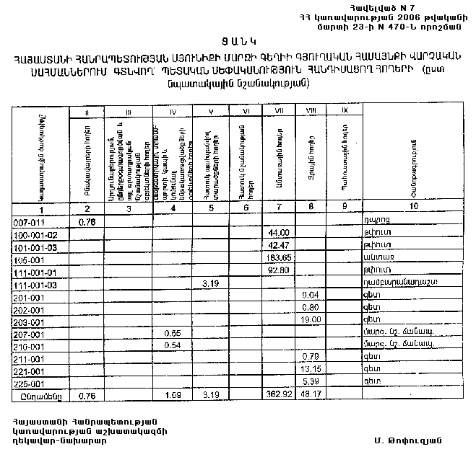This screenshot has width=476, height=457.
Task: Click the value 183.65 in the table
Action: pyautogui.click(x=277, y=259)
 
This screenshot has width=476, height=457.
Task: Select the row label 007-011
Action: pyautogui.click(x=29, y=221)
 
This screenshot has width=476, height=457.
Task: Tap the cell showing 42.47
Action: pyautogui.click(x=278, y=247)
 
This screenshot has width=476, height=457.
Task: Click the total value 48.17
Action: pyautogui.click(x=309, y=396)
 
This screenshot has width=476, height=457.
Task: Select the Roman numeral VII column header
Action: pyautogui.click(x=278, y=111)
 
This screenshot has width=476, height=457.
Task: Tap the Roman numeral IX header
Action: pyautogui.click(x=344, y=111)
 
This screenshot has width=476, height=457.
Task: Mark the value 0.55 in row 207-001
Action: pyautogui.click(x=173, y=334)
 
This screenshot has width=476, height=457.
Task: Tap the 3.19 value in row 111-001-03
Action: pyautogui.click(x=211, y=284)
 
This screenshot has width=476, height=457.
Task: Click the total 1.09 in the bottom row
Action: pyautogui.click(x=173, y=396)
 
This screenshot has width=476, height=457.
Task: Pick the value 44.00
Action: pyautogui.click(x=278, y=234)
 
